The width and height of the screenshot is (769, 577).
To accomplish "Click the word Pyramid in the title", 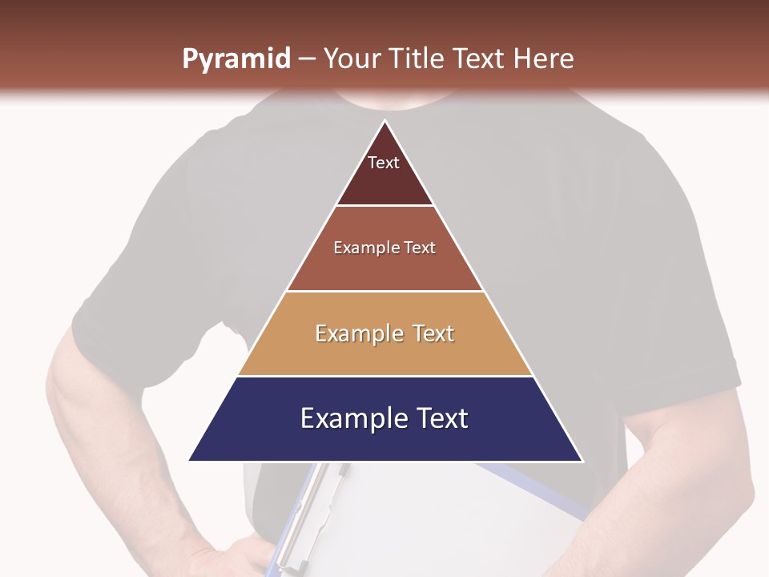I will tap(236, 59).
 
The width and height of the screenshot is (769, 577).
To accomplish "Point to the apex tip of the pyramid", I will tap(385, 122).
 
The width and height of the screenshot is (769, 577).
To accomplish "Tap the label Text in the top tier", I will tap(383, 163).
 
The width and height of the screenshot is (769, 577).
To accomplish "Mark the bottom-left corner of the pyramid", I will tap(191, 460).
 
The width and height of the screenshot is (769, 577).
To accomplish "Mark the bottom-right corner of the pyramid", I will tap(581, 460).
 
